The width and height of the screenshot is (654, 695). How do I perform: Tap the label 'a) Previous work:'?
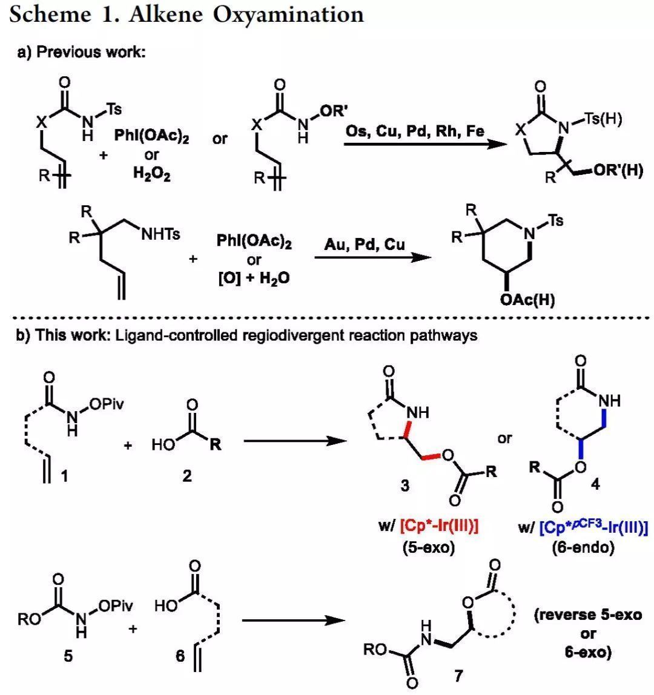81,52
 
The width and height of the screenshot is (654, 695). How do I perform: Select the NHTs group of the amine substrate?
160,234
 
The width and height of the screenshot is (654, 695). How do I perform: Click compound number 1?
64,476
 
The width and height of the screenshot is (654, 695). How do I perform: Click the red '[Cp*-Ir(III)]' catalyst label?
437,527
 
